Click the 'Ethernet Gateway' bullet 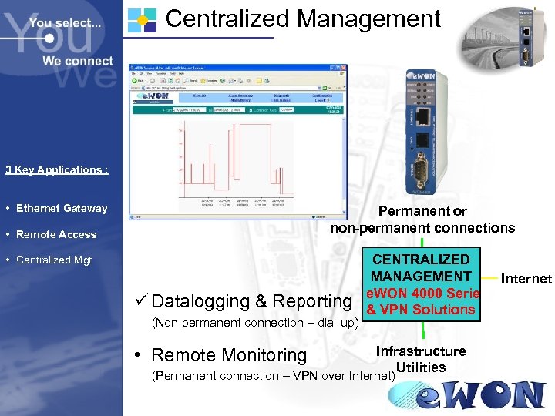62,208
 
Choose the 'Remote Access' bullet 56,234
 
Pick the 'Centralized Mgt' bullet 54,260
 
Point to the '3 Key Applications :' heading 56,169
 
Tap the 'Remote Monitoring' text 229,355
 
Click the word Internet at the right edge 527,279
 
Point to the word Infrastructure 421,351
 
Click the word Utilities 420,367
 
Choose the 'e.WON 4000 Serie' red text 422,294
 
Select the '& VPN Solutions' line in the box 421,310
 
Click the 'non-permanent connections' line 422,227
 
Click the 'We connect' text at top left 77,61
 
